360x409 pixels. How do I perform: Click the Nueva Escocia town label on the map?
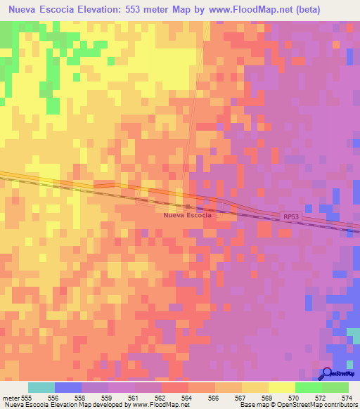[187, 215]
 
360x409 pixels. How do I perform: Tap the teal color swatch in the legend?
[41, 387]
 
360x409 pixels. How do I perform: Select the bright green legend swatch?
[308, 387]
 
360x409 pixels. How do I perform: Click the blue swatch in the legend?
[68, 387]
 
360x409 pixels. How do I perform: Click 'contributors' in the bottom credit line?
[339, 405]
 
